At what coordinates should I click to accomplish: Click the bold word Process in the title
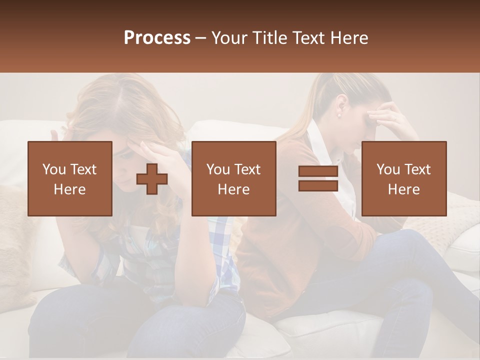pyautogui.click(x=157, y=38)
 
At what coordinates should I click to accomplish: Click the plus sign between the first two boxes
pyautogui.click(x=152, y=179)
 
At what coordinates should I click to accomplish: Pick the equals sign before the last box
pyautogui.click(x=318, y=178)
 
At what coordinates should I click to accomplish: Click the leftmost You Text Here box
pyautogui.click(x=70, y=178)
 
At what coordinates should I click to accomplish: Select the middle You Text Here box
pyautogui.click(x=233, y=178)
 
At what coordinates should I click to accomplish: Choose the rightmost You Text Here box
pyautogui.click(x=404, y=178)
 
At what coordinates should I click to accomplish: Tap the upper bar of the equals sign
pyautogui.click(x=318, y=171)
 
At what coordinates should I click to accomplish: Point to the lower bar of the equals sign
pyautogui.click(x=318, y=185)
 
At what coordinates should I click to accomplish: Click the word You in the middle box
pyautogui.click(x=218, y=169)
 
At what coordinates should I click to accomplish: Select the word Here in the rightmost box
pyautogui.click(x=404, y=189)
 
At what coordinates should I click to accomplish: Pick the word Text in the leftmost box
pyautogui.click(x=83, y=169)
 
